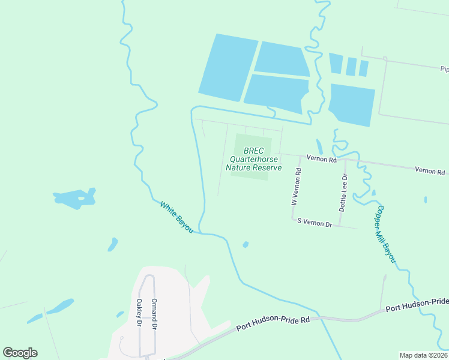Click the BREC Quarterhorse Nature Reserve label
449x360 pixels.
[x=253, y=160]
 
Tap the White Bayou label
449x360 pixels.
[x=176, y=217]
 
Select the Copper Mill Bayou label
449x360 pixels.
[x=386, y=235]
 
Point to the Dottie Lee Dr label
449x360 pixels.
[x=343, y=193]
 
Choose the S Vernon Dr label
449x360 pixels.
[x=315, y=223]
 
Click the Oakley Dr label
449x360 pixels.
[x=139, y=313]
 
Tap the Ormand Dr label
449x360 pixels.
[x=154, y=313]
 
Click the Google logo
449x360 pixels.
[x=20, y=352]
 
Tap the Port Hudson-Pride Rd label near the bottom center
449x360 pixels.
[x=273, y=323]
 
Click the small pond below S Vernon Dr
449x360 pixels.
[x=246, y=244]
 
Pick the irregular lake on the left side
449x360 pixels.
[x=74, y=199]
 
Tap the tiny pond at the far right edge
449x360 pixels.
[x=426, y=199]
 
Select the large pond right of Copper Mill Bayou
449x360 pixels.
[x=352, y=104]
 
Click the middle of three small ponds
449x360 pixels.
[x=351, y=66]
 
